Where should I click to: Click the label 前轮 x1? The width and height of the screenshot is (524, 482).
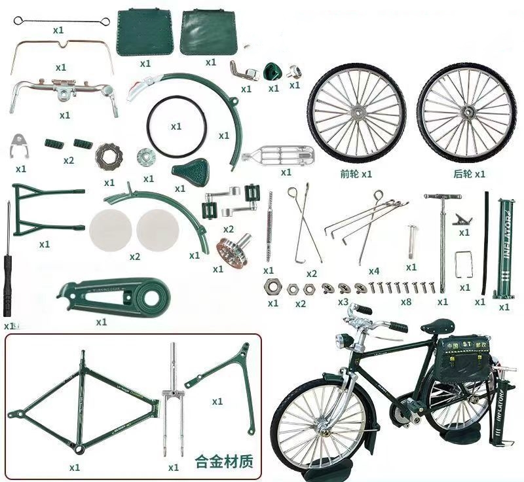click(356, 174)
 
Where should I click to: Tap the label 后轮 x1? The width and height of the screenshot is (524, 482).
click(469, 174)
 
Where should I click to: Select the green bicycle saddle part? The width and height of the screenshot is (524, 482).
click(189, 172)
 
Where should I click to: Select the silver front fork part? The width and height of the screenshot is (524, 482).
click(173, 399)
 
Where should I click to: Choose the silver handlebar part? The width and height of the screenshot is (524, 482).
click(64, 91)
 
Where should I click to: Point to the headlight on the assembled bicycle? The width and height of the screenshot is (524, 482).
click(342, 341)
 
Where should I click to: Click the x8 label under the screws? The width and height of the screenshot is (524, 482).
click(406, 302)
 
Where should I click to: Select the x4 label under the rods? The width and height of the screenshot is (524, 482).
click(373, 270)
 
